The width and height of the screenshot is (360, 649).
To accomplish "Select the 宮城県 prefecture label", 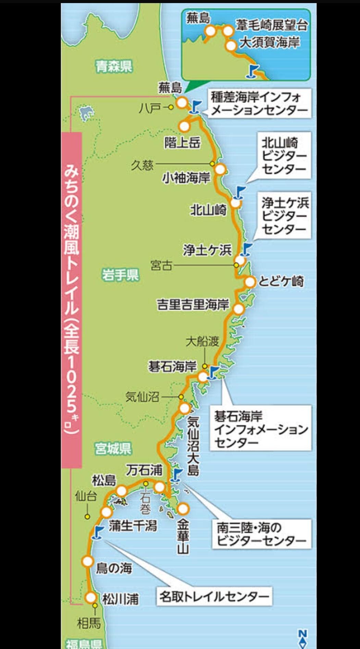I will [x=113, y=448].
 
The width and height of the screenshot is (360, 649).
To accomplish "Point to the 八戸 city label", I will [x=150, y=108].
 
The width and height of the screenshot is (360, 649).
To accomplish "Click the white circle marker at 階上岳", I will [x=184, y=126].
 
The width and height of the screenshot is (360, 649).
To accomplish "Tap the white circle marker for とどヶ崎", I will [x=250, y=282].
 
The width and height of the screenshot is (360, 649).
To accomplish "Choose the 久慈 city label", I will [x=142, y=165].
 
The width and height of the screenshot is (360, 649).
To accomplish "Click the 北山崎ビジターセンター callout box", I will [x=284, y=156].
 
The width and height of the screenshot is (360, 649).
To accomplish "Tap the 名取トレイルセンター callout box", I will [x=214, y=597].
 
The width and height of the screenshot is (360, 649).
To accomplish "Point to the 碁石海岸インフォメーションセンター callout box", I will [x=261, y=429].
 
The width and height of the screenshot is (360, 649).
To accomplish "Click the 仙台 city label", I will [x=86, y=496].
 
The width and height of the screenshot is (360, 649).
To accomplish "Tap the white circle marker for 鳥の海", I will [x=88, y=561].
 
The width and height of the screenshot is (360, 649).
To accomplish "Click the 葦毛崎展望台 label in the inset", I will [x=271, y=25].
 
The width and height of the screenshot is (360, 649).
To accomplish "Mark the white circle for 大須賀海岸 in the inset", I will [x=231, y=45].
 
